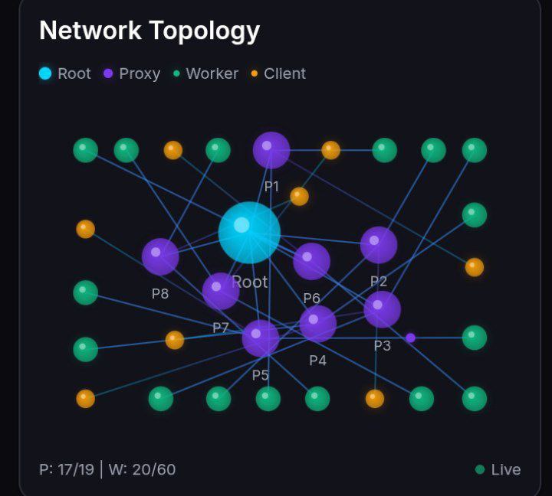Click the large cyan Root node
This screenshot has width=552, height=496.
[x=249, y=233]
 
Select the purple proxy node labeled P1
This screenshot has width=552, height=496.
[x=271, y=150]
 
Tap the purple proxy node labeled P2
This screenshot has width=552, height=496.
[x=379, y=245]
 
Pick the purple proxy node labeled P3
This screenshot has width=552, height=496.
[x=382, y=309]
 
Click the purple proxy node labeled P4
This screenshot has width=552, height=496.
[x=317, y=324]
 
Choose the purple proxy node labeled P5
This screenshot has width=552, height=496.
[x=261, y=338]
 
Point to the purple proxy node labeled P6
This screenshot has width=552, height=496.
[x=311, y=262]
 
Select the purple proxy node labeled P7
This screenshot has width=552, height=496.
[x=221, y=291]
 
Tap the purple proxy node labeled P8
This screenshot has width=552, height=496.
[x=160, y=256]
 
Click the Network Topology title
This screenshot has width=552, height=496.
[x=149, y=31]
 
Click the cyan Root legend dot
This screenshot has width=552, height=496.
[x=45, y=73]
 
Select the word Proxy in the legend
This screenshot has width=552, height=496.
[x=140, y=73]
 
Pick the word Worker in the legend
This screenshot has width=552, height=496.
[x=212, y=73]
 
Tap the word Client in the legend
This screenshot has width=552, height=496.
[x=284, y=73]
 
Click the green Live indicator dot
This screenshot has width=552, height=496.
[x=480, y=469]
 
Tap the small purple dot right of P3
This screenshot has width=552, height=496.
[x=410, y=338]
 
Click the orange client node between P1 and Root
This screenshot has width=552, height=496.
[x=299, y=197]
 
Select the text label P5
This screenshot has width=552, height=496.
[x=261, y=375]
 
